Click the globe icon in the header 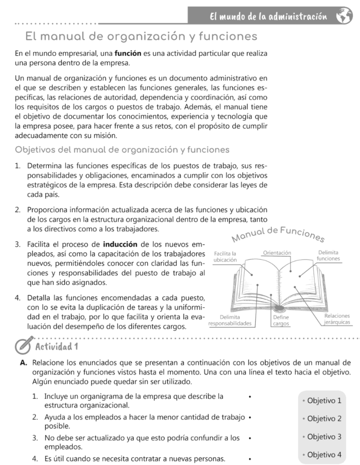click(344, 16)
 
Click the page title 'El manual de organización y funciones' click(141, 36)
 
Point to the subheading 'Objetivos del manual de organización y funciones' click(122, 149)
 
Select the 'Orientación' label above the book click(277, 252)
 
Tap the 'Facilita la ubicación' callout click(225, 256)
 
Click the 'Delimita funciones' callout click(328, 255)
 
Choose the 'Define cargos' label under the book click(281, 320)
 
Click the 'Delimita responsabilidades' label click(230, 320)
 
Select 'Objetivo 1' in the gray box click(324, 401)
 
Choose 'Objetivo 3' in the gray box click(324, 437)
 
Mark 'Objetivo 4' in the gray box click(324, 455)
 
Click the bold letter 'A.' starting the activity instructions click(24, 363)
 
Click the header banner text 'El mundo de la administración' click(268, 17)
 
